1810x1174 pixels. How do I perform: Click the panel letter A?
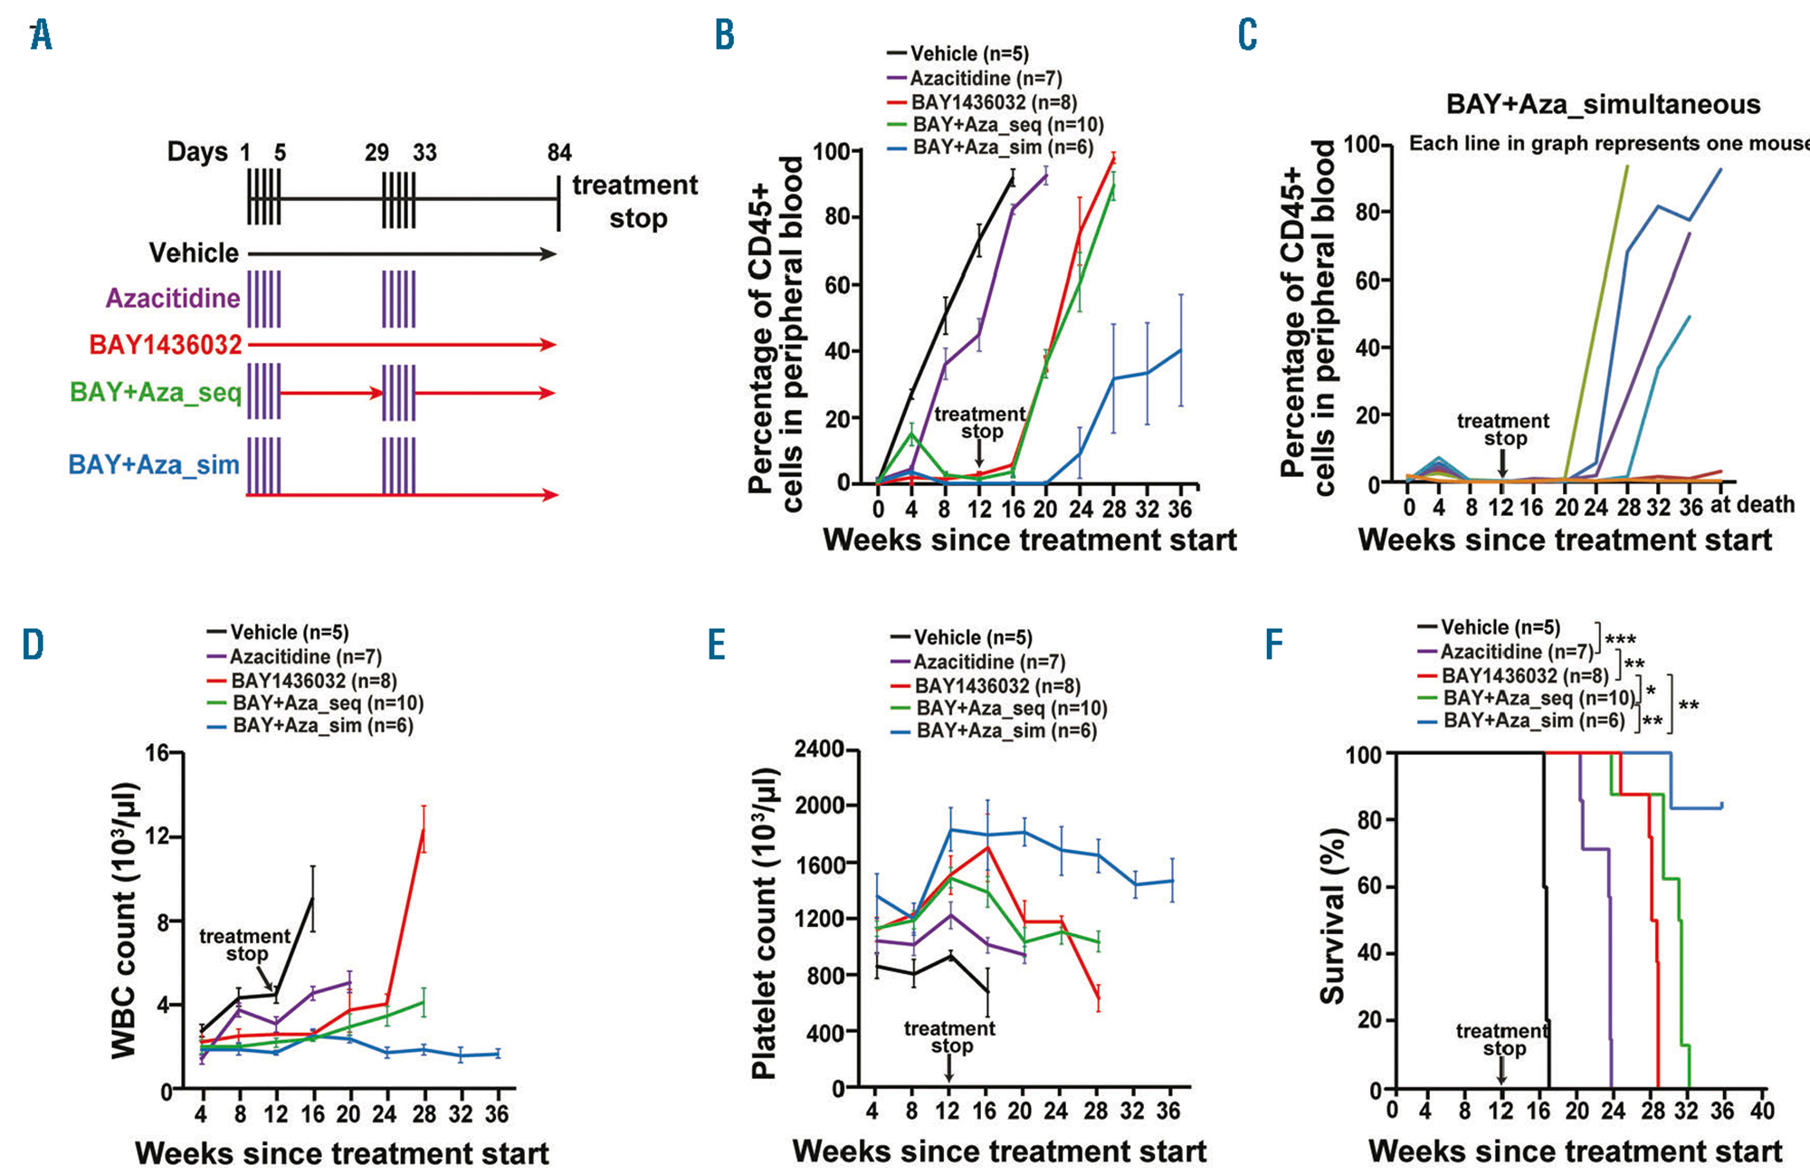[x=41, y=35]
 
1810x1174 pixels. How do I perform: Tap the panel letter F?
[x=1273, y=644]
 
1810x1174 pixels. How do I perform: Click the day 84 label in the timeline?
[x=559, y=152]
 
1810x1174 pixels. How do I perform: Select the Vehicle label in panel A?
[x=194, y=253]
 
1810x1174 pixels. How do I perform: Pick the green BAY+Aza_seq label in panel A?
[x=156, y=392]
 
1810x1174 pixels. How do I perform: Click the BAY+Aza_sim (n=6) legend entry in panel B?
[x=1003, y=148]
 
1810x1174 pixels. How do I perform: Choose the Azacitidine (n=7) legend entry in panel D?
[x=305, y=656]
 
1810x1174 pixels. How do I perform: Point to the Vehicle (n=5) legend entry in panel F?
[x=1500, y=627]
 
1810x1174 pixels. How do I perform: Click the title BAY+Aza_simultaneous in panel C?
[x=1603, y=104]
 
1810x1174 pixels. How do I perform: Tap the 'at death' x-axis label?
[x=1752, y=504]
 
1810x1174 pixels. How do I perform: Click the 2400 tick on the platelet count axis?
[x=819, y=749]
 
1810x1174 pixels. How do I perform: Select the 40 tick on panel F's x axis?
[x=1762, y=1110]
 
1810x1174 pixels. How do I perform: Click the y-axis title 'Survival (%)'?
[x=1332, y=916]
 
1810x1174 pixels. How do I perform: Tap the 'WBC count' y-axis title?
[x=124, y=920]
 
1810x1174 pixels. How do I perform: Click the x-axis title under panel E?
[x=999, y=1151]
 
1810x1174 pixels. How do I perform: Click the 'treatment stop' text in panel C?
[x=1503, y=430]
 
